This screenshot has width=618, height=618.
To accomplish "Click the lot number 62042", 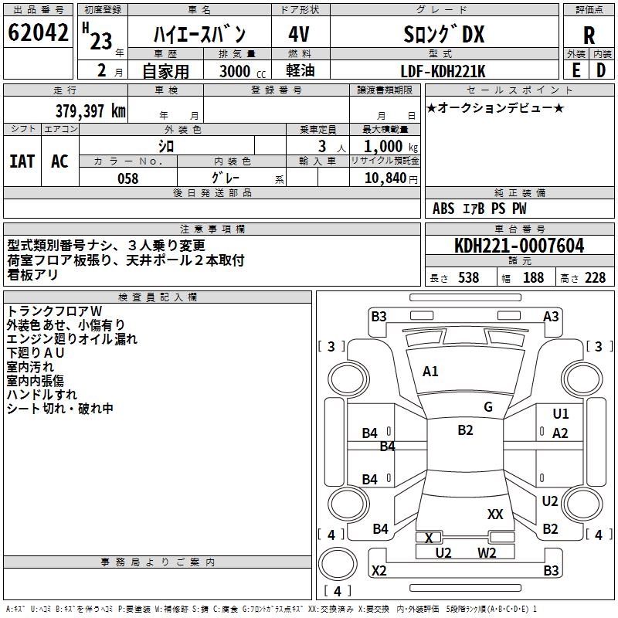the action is (x=37, y=33).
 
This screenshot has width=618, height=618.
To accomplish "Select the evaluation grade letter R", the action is (x=589, y=36).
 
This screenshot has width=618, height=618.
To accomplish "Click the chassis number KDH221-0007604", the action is (x=519, y=246).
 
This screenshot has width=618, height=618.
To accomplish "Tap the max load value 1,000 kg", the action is (x=385, y=147).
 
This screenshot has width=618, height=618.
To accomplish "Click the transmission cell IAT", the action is (x=22, y=161).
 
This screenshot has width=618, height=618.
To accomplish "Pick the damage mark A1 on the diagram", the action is (x=430, y=372).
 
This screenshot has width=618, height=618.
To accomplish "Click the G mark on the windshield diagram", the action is (x=488, y=407).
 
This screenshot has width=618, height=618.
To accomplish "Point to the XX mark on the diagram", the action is (x=495, y=514).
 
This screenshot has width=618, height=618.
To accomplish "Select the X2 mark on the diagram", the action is (x=379, y=571).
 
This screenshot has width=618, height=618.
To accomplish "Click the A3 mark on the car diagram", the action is (x=551, y=316).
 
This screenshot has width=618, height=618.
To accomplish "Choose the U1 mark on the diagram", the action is (x=560, y=414).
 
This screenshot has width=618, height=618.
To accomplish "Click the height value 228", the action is (x=595, y=278).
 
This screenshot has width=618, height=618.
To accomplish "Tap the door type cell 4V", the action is (x=300, y=34).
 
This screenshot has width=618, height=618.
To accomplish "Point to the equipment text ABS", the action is (x=443, y=209).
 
